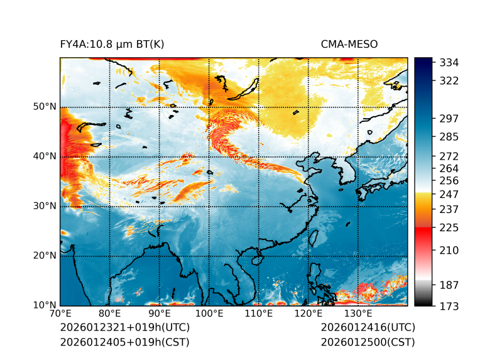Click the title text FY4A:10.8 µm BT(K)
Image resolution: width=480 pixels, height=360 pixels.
(112, 44)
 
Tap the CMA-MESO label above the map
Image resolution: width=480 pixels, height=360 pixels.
(349, 44)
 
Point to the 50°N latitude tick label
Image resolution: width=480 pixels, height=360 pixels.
(45, 107)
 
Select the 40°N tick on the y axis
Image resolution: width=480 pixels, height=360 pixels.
(45, 156)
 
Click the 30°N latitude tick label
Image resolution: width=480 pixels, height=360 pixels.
(45, 206)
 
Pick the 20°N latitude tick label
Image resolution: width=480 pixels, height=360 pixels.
(45, 256)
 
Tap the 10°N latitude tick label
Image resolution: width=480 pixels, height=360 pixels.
(45, 305)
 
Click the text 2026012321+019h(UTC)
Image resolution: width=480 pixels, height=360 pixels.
(124, 327)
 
